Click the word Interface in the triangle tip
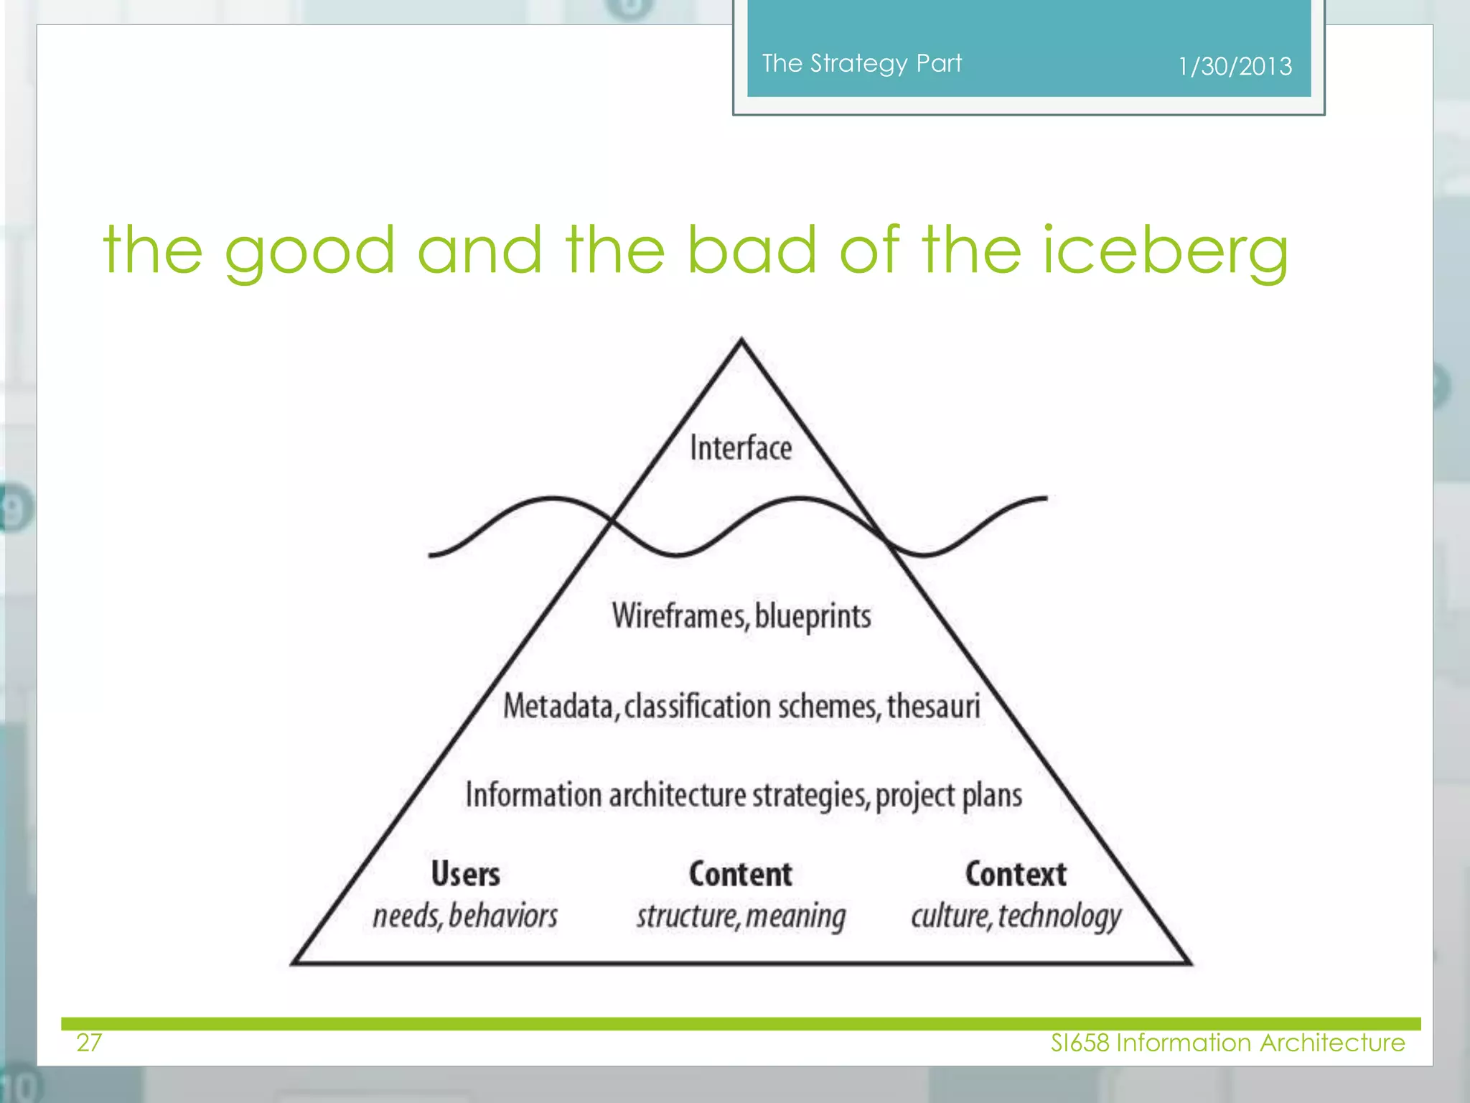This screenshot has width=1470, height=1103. tap(741, 448)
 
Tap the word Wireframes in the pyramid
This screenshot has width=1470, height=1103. tap(679, 616)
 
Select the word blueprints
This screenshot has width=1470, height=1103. tap(813, 616)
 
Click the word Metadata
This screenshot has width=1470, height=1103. tap(558, 706)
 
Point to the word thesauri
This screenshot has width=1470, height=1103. tap(933, 706)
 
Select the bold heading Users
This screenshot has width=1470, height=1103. tap(465, 874)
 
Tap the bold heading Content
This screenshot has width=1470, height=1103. tap(741, 874)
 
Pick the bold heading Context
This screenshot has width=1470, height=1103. tap(1016, 874)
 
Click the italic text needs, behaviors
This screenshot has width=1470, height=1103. tap(465, 916)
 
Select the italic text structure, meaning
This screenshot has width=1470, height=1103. tap(741, 916)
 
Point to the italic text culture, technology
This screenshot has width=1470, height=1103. tap(1016, 916)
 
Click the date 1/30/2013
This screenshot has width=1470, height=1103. tap(1235, 67)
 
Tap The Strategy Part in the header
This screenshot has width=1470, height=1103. tap(861, 63)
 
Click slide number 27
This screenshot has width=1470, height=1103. tap(89, 1042)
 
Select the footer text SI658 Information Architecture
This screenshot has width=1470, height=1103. tap(1227, 1042)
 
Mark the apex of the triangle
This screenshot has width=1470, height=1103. tap(741, 340)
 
